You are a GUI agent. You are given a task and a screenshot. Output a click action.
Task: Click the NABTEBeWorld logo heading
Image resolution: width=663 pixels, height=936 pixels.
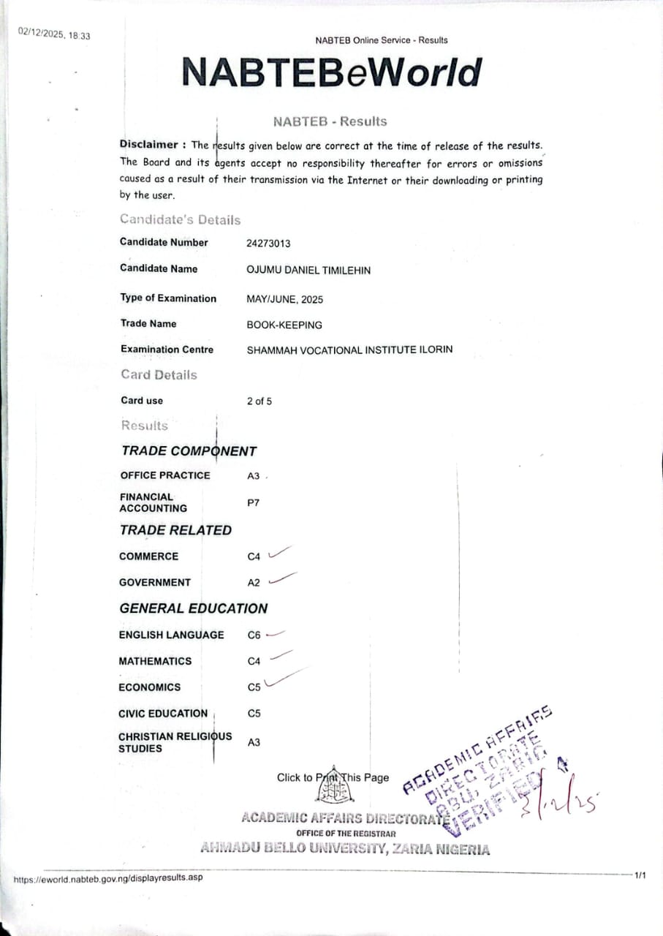point(331,72)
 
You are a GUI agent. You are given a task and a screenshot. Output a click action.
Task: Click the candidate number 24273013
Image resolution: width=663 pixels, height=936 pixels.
point(268,244)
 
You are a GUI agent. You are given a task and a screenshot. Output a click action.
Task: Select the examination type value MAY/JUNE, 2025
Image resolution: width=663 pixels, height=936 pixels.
point(285,299)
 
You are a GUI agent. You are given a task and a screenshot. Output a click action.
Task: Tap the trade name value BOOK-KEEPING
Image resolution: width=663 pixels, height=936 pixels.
point(284,325)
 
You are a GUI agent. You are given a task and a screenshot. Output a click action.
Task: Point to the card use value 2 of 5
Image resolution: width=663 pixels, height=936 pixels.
point(259,401)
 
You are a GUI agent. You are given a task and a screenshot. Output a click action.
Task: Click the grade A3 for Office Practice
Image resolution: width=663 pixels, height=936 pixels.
point(254,476)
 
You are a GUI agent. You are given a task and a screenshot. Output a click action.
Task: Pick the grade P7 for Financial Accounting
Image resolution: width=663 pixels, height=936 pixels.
point(253,503)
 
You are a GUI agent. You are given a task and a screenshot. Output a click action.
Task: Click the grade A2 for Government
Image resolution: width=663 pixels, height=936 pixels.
point(254,583)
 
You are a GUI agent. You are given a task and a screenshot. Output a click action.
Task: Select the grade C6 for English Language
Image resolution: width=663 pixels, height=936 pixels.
point(254,635)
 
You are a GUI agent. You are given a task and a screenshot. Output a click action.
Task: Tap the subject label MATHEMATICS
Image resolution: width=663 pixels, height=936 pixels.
point(155,661)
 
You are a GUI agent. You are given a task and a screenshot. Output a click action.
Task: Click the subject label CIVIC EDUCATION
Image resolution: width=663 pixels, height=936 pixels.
point(163,713)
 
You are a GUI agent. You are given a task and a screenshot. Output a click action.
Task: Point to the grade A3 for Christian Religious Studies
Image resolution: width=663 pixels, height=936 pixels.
point(254,742)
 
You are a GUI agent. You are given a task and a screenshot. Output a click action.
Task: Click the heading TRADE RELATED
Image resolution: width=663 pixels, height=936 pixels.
point(175,530)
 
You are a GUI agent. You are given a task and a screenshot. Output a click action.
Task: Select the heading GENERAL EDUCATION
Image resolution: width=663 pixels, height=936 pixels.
point(194,608)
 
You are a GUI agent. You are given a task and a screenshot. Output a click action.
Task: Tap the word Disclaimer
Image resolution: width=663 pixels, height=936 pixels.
point(148,144)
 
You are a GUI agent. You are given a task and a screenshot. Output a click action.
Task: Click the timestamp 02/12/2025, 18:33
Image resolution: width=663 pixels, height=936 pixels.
point(54,34)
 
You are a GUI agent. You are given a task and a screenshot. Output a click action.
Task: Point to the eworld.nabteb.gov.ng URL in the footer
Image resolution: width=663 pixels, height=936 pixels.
point(108,877)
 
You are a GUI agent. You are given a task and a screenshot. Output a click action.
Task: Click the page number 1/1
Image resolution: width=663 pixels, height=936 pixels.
point(640,875)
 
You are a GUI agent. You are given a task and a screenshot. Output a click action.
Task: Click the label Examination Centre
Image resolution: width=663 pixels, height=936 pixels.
point(167,350)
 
